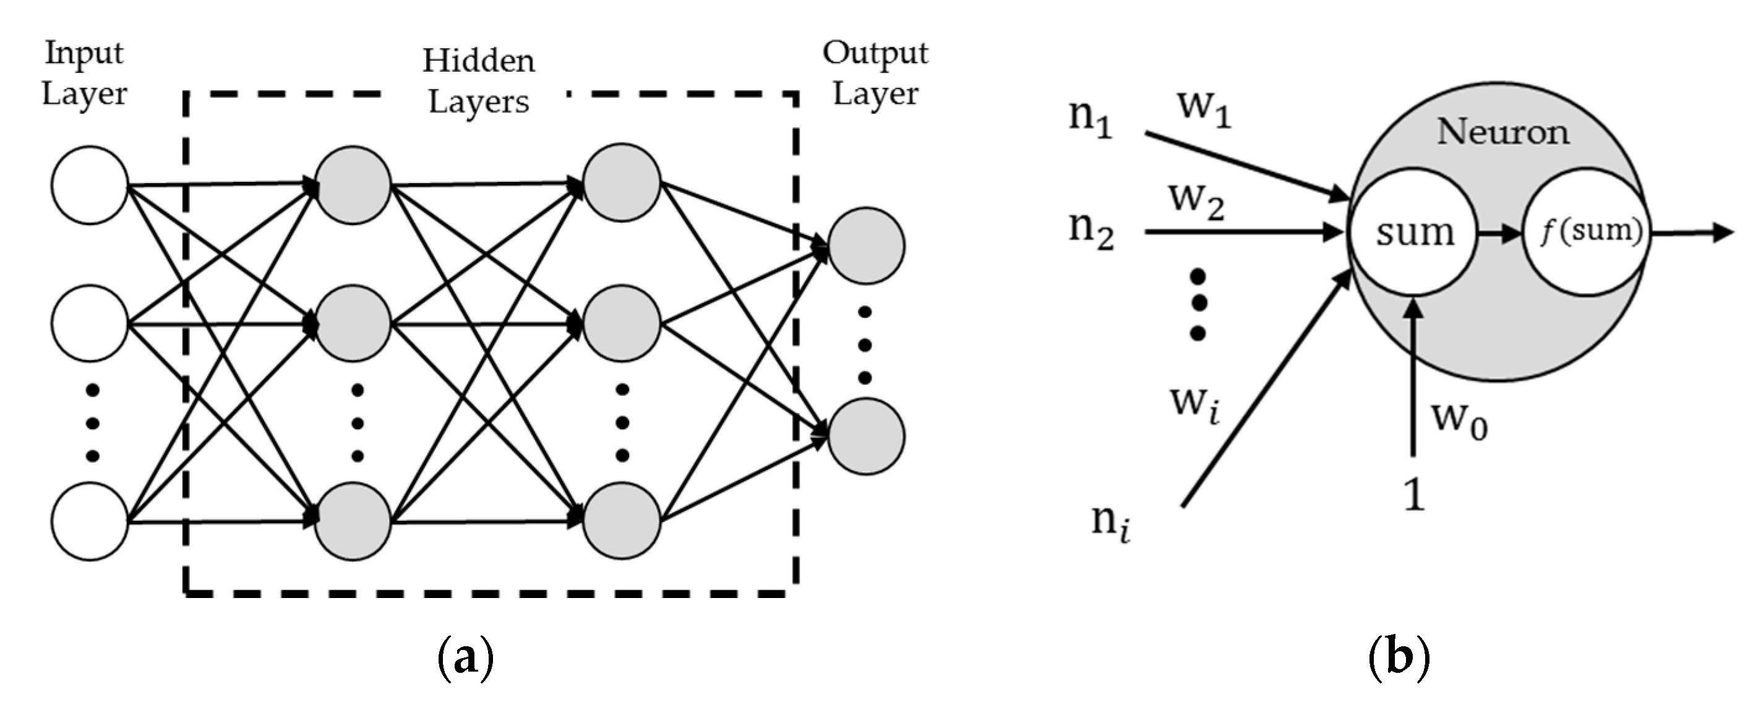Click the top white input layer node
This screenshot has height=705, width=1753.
point(90,185)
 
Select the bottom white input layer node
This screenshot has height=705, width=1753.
point(90,521)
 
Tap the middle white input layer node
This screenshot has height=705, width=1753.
point(90,324)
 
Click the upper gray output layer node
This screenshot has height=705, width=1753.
point(866,246)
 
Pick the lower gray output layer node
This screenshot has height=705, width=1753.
point(866,436)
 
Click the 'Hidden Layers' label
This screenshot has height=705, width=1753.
point(478,82)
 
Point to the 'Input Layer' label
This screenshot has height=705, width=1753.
point(84,74)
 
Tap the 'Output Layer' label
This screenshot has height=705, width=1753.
point(875,74)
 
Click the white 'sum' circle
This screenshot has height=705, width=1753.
point(1414,232)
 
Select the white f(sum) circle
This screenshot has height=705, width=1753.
point(1586,232)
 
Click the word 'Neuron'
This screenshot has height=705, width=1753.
point(1502,131)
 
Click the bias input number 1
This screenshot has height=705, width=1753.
point(1414,495)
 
